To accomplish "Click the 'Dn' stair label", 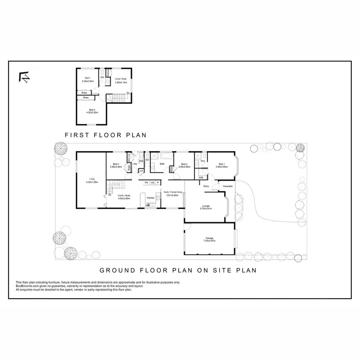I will [128, 93].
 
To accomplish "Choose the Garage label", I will [209, 239].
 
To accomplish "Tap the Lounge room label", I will [206, 207].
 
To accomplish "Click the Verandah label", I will [228, 186].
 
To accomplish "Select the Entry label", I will [206, 186].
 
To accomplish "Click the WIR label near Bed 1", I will [201, 178].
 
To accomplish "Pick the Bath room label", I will [162, 164].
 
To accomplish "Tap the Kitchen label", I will [150, 198].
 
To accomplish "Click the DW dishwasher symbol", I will [147, 205].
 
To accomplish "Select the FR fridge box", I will [146, 183].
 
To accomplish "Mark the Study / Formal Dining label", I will [172, 194].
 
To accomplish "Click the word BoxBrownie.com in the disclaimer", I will [26, 286].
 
